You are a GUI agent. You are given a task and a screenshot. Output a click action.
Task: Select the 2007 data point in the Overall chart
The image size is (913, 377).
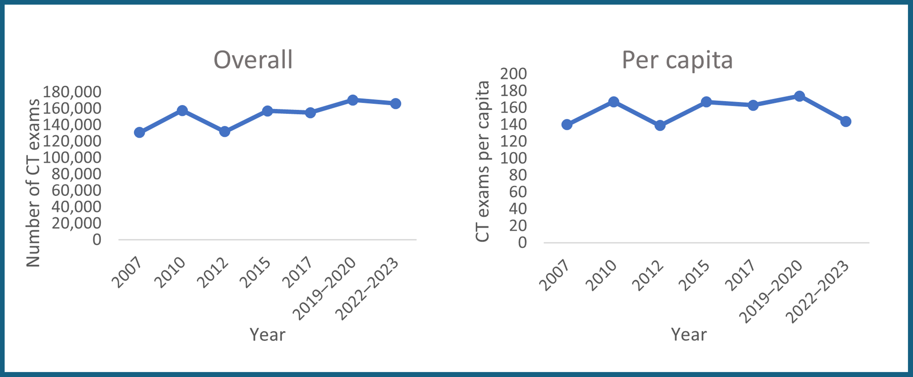tap(139, 132)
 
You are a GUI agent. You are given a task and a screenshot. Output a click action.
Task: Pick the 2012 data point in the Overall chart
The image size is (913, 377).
tap(224, 131)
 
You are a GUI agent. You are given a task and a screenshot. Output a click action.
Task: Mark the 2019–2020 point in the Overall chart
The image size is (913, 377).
tap(352, 100)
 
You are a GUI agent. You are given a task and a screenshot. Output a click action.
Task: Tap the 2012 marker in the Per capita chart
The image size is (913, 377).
tap(660, 125)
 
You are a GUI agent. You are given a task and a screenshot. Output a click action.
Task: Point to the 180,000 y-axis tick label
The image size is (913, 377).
tap(72, 92)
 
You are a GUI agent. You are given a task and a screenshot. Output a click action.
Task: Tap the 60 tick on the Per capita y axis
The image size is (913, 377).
tap(518, 192)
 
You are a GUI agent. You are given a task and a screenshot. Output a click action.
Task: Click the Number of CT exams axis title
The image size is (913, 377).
tap(33, 183)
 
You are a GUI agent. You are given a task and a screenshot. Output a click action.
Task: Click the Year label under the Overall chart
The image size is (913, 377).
tap(267, 334)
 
